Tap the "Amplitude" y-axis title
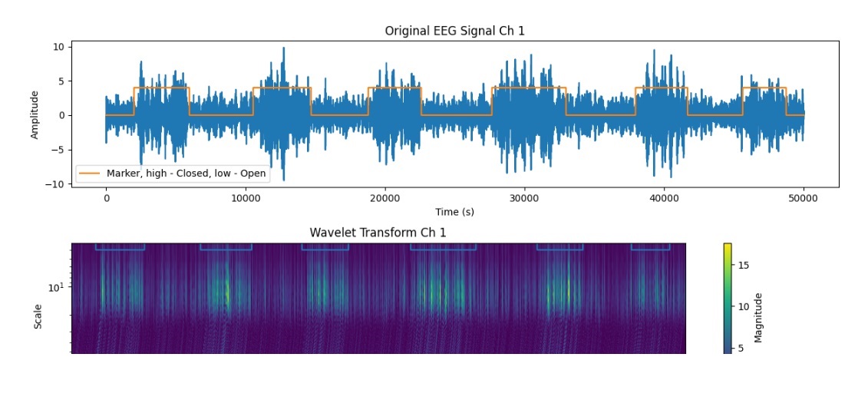click(35, 114)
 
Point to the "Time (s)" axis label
click(454, 212)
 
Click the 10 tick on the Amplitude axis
click(58, 47)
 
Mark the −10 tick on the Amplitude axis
click(55, 184)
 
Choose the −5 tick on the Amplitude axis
click(58, 150)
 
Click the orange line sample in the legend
click(89, 174)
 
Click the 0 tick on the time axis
click(106, 198)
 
